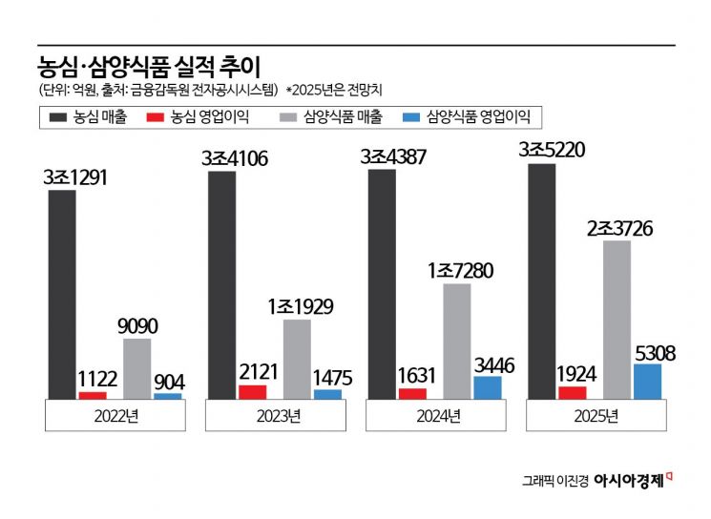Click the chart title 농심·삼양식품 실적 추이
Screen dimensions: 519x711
pos(147,66)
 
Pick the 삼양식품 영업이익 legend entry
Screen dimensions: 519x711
pos(468,117)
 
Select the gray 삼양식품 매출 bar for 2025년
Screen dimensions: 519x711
pos(617,319)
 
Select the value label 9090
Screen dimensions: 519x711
pos(138,326)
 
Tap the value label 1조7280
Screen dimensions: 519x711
pos(459,270)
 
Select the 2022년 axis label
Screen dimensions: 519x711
pos(115,415)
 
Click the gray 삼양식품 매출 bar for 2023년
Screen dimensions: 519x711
pos(297,358)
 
